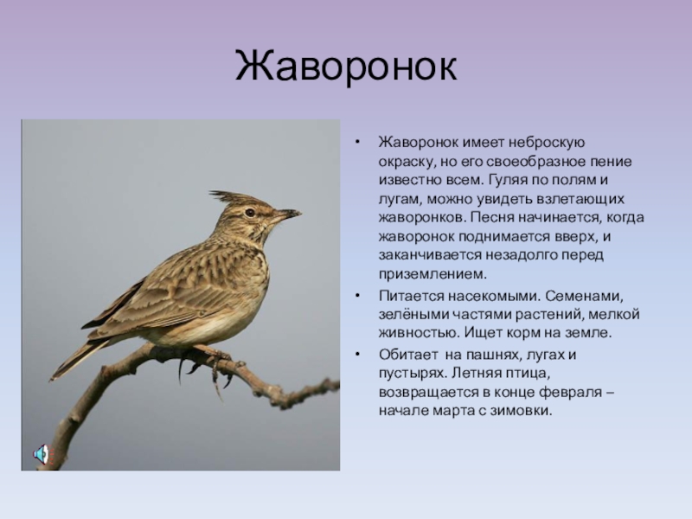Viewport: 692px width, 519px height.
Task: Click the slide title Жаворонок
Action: pyautogui.click(x=346, y=67)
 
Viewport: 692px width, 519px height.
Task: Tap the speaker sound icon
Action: pyautogui.click(x=42, y=454)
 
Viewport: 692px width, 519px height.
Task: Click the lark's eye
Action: pyautogui.click(x=250, y=212)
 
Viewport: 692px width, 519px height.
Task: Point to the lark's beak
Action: pyautogui.click(x=287, y=215)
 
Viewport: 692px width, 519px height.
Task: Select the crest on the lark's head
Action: pyautogui.click(x=229, y=198)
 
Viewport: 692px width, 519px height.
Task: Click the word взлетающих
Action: pyautogui.click(x=580, y=199)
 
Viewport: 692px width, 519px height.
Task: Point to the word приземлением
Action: pyautogui.click(x=432, y=274)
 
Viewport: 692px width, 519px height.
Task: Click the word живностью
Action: pyautogui.click(x=419, y=332)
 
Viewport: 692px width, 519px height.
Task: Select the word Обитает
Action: pyautogui.click(x=408, y=355)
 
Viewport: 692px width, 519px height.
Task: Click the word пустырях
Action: pyautogui.click(x=413, y=374)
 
